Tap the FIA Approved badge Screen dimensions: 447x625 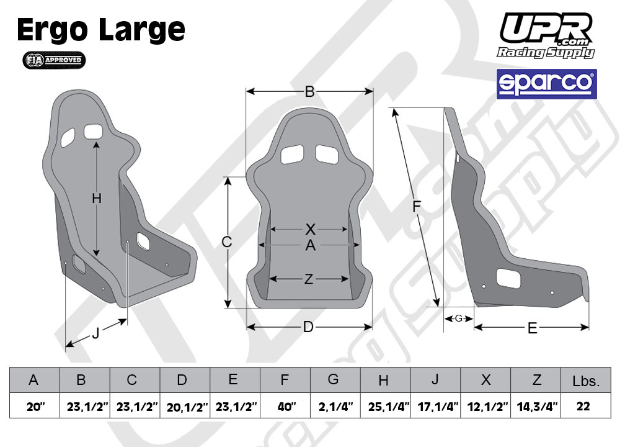tap(54, 60)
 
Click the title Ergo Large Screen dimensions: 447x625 tap(101, 30)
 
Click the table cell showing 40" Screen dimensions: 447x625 tap(285, 407)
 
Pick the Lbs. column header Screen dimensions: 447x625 tap(587, 381)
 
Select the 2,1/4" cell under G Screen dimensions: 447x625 tap(335, 407)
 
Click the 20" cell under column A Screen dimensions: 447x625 tap(35, 407)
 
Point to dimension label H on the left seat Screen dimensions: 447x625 tap(96, 199)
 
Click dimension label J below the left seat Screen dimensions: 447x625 tap(95, 333)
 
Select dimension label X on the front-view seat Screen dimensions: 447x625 tap(311, 229)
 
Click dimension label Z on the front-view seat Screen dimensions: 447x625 tap(308, 279)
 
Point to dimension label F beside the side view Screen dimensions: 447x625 tap(417, 207)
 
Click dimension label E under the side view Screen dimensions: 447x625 tap(532, 328)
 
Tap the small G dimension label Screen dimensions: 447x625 tap(458, 318)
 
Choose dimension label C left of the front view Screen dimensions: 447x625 tap(227, 242)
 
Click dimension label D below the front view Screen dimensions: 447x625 tap(308, 327)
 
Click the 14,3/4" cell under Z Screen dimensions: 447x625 tap(536, 407)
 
